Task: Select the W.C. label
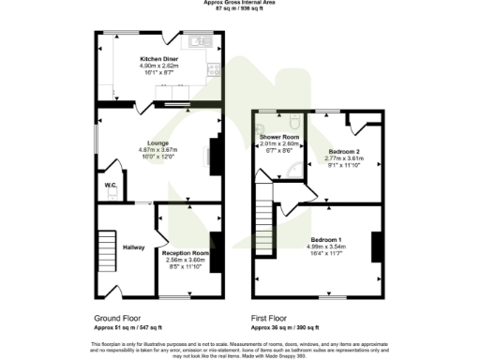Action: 111,185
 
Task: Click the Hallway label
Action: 132,247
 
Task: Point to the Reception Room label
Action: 185,253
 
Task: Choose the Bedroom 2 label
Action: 343,151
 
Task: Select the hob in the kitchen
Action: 215,68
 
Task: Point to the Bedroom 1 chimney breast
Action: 377,246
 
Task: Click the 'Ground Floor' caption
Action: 115,319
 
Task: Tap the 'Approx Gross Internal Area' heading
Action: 239,3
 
